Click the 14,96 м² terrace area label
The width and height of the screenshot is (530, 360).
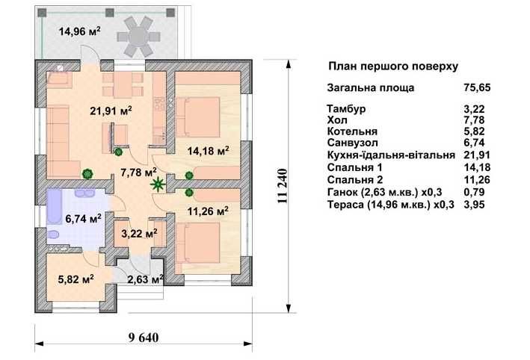click(x=80, y=31)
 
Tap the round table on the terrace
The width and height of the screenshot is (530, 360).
click(x=138, y=37)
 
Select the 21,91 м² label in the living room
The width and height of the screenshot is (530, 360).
click(x=111, y=111)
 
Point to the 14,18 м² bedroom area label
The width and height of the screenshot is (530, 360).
click(x=209, y=151)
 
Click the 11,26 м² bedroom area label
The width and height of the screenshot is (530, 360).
click(x=208, y=211)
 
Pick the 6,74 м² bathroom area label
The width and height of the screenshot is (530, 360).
click(x=84, y=219)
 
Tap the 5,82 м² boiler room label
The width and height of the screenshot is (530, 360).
click(x=76, y=279)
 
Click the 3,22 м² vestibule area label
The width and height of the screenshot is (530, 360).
click(x=139, y=233)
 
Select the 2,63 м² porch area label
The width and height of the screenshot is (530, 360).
click(x=146, y=279)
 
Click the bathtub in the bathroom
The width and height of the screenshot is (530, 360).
click(x=54, y=207)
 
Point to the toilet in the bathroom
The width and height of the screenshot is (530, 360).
click(x=53, y=234)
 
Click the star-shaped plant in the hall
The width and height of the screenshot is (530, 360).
click(x=158, y=184)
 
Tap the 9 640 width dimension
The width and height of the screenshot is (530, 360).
click(x=144, y=338)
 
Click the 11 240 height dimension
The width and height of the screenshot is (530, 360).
click(x=283, y=186)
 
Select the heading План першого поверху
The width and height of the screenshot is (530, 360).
click(x=393, y=66)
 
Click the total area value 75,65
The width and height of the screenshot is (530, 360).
click(x=477, y=87)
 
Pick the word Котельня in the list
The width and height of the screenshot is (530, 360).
click(x=352, y=131)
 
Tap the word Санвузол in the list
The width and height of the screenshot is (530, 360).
click(x=353, y=143)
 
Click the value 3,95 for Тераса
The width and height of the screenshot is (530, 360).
click(x=475, y=205)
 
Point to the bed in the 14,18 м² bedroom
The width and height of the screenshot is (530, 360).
click(x=198, y=117)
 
